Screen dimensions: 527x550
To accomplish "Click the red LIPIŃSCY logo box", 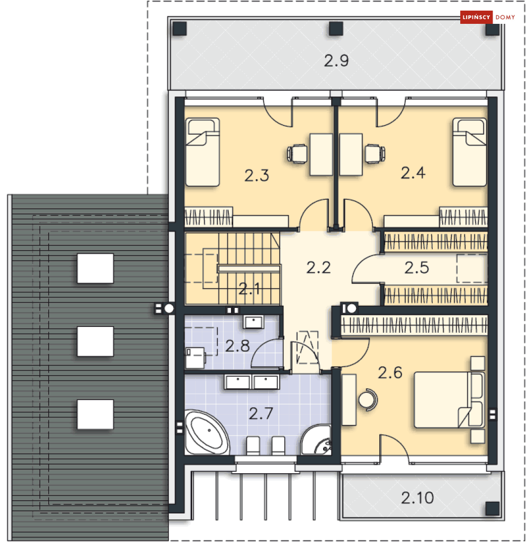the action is click(x=476, y=17).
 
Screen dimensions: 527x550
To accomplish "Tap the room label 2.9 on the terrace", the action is click(x=336, y=61).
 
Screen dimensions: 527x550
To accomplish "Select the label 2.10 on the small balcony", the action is click(x=417, y=498).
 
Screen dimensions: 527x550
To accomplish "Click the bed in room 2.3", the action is click(x=203, y=152).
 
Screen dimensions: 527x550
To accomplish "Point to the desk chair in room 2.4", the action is click(x=375, y=154).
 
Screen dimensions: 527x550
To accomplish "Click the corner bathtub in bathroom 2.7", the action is click(x=207, y=432).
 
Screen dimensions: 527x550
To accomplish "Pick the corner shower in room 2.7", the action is click(x=316, y=440).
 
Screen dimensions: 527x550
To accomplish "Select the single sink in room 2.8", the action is click(x=253, y=322).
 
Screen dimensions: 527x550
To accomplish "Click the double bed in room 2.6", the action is click(x=449, y=400).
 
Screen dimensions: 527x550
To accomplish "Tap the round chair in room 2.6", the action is click(x=368, y=400).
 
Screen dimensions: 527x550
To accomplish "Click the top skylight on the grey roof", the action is click(x=95, y=268).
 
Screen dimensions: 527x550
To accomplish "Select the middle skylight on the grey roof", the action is click(x=95, y=341).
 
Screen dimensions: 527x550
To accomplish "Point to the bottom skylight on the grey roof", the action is click(x=95, y=414).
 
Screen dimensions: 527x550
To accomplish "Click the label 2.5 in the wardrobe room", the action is click(x=416, y=268).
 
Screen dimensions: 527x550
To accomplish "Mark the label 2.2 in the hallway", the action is click(x=318, y=268).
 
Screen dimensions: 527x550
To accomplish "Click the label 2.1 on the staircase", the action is click(x=249, y=289).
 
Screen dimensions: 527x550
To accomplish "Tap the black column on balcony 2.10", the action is click(x=492, y=509).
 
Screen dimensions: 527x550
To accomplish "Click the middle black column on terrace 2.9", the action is click(x=336, y=29).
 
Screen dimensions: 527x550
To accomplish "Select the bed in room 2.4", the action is click(x=469, y=152).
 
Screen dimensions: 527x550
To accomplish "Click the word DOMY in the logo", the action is click(x=505, y=17).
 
